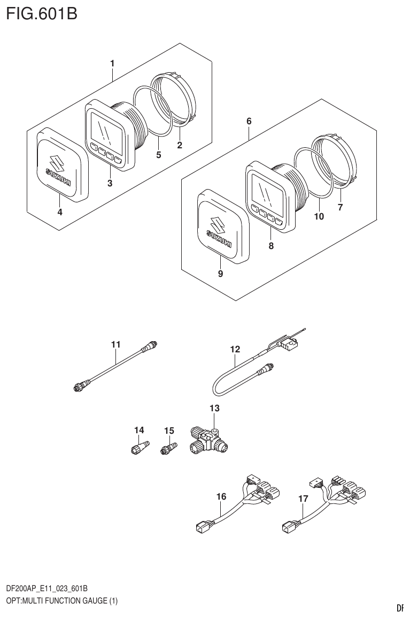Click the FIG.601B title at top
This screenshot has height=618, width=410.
click(42, 13)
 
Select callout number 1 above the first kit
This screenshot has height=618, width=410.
click(112, 64)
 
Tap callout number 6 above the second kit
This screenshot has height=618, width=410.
click(249, 122)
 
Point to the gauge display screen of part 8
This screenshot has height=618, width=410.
click(267, 190)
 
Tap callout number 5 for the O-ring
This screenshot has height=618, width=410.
click(158, 155)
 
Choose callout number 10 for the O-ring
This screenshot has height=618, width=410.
click(319, 216)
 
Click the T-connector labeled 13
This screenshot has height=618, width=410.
click(208, 442)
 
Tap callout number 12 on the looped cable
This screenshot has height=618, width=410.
click(235, 349)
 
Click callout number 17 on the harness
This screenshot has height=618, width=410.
click(303, 499)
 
